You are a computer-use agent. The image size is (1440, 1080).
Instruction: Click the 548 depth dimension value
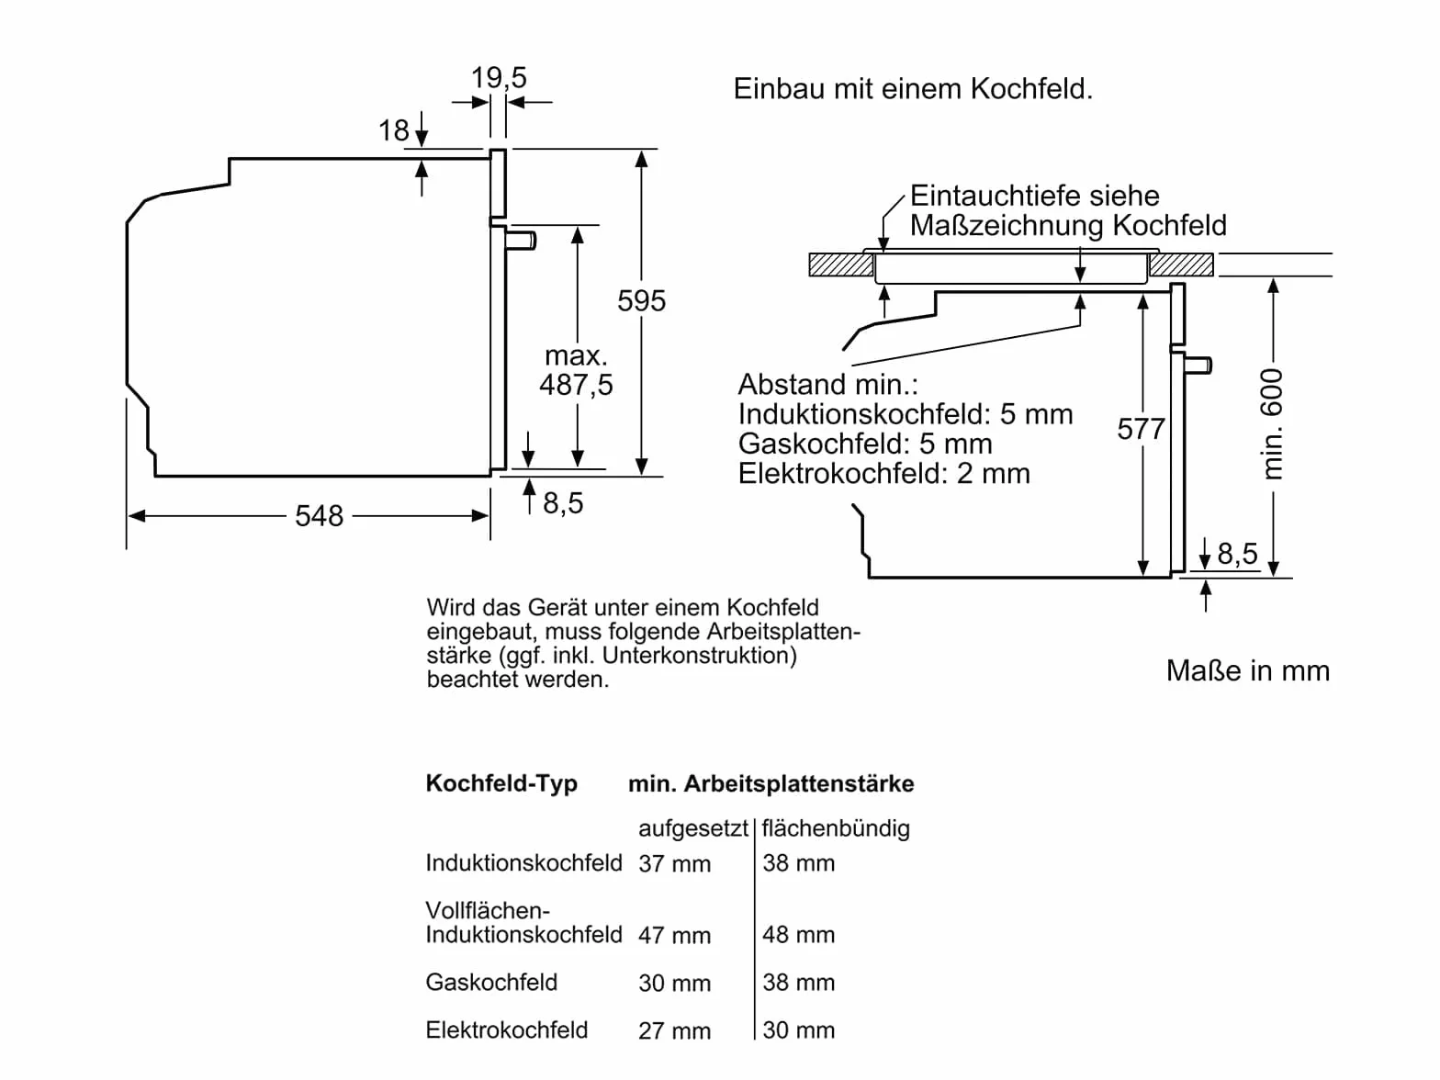click(x=319, y=516)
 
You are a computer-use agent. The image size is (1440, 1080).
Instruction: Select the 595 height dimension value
click(x=641, y=301)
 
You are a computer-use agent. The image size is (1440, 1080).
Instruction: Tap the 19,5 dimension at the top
click(x=499, y=78)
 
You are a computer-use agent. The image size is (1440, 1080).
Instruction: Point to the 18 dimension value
click(x=394, y=130)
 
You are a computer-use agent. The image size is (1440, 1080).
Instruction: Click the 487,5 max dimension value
click(x=576, y=385)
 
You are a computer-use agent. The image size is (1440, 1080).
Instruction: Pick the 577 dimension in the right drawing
click(x=1141, y=430)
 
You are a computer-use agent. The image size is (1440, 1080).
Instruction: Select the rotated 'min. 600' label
click(x=1271, y=423)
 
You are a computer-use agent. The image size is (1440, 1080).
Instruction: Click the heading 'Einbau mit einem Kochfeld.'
click(x=913, y=89)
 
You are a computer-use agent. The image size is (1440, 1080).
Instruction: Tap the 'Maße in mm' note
click(x=1248, y=670)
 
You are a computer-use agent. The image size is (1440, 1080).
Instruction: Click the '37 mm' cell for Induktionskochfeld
click(x=674, y=863)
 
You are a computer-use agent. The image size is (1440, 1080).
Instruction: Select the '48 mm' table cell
click(x=798, y=934)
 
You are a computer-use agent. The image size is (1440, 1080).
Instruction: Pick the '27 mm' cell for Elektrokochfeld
click(x=674, y=1030)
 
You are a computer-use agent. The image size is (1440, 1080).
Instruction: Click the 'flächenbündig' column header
click(x=836, y=829)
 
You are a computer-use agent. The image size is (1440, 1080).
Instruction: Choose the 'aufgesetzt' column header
click(x=693, y=829)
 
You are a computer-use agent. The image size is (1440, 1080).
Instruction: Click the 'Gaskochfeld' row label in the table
click(x=491, y=983)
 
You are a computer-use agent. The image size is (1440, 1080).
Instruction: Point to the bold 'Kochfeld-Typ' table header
click(x=501, y=783)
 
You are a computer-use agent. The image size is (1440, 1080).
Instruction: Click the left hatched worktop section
click(x=841, y=264)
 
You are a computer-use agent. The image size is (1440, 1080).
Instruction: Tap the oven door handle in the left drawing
click(x=521, y=240)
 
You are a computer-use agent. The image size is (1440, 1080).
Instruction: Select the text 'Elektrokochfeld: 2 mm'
click(x=883, y=474)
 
